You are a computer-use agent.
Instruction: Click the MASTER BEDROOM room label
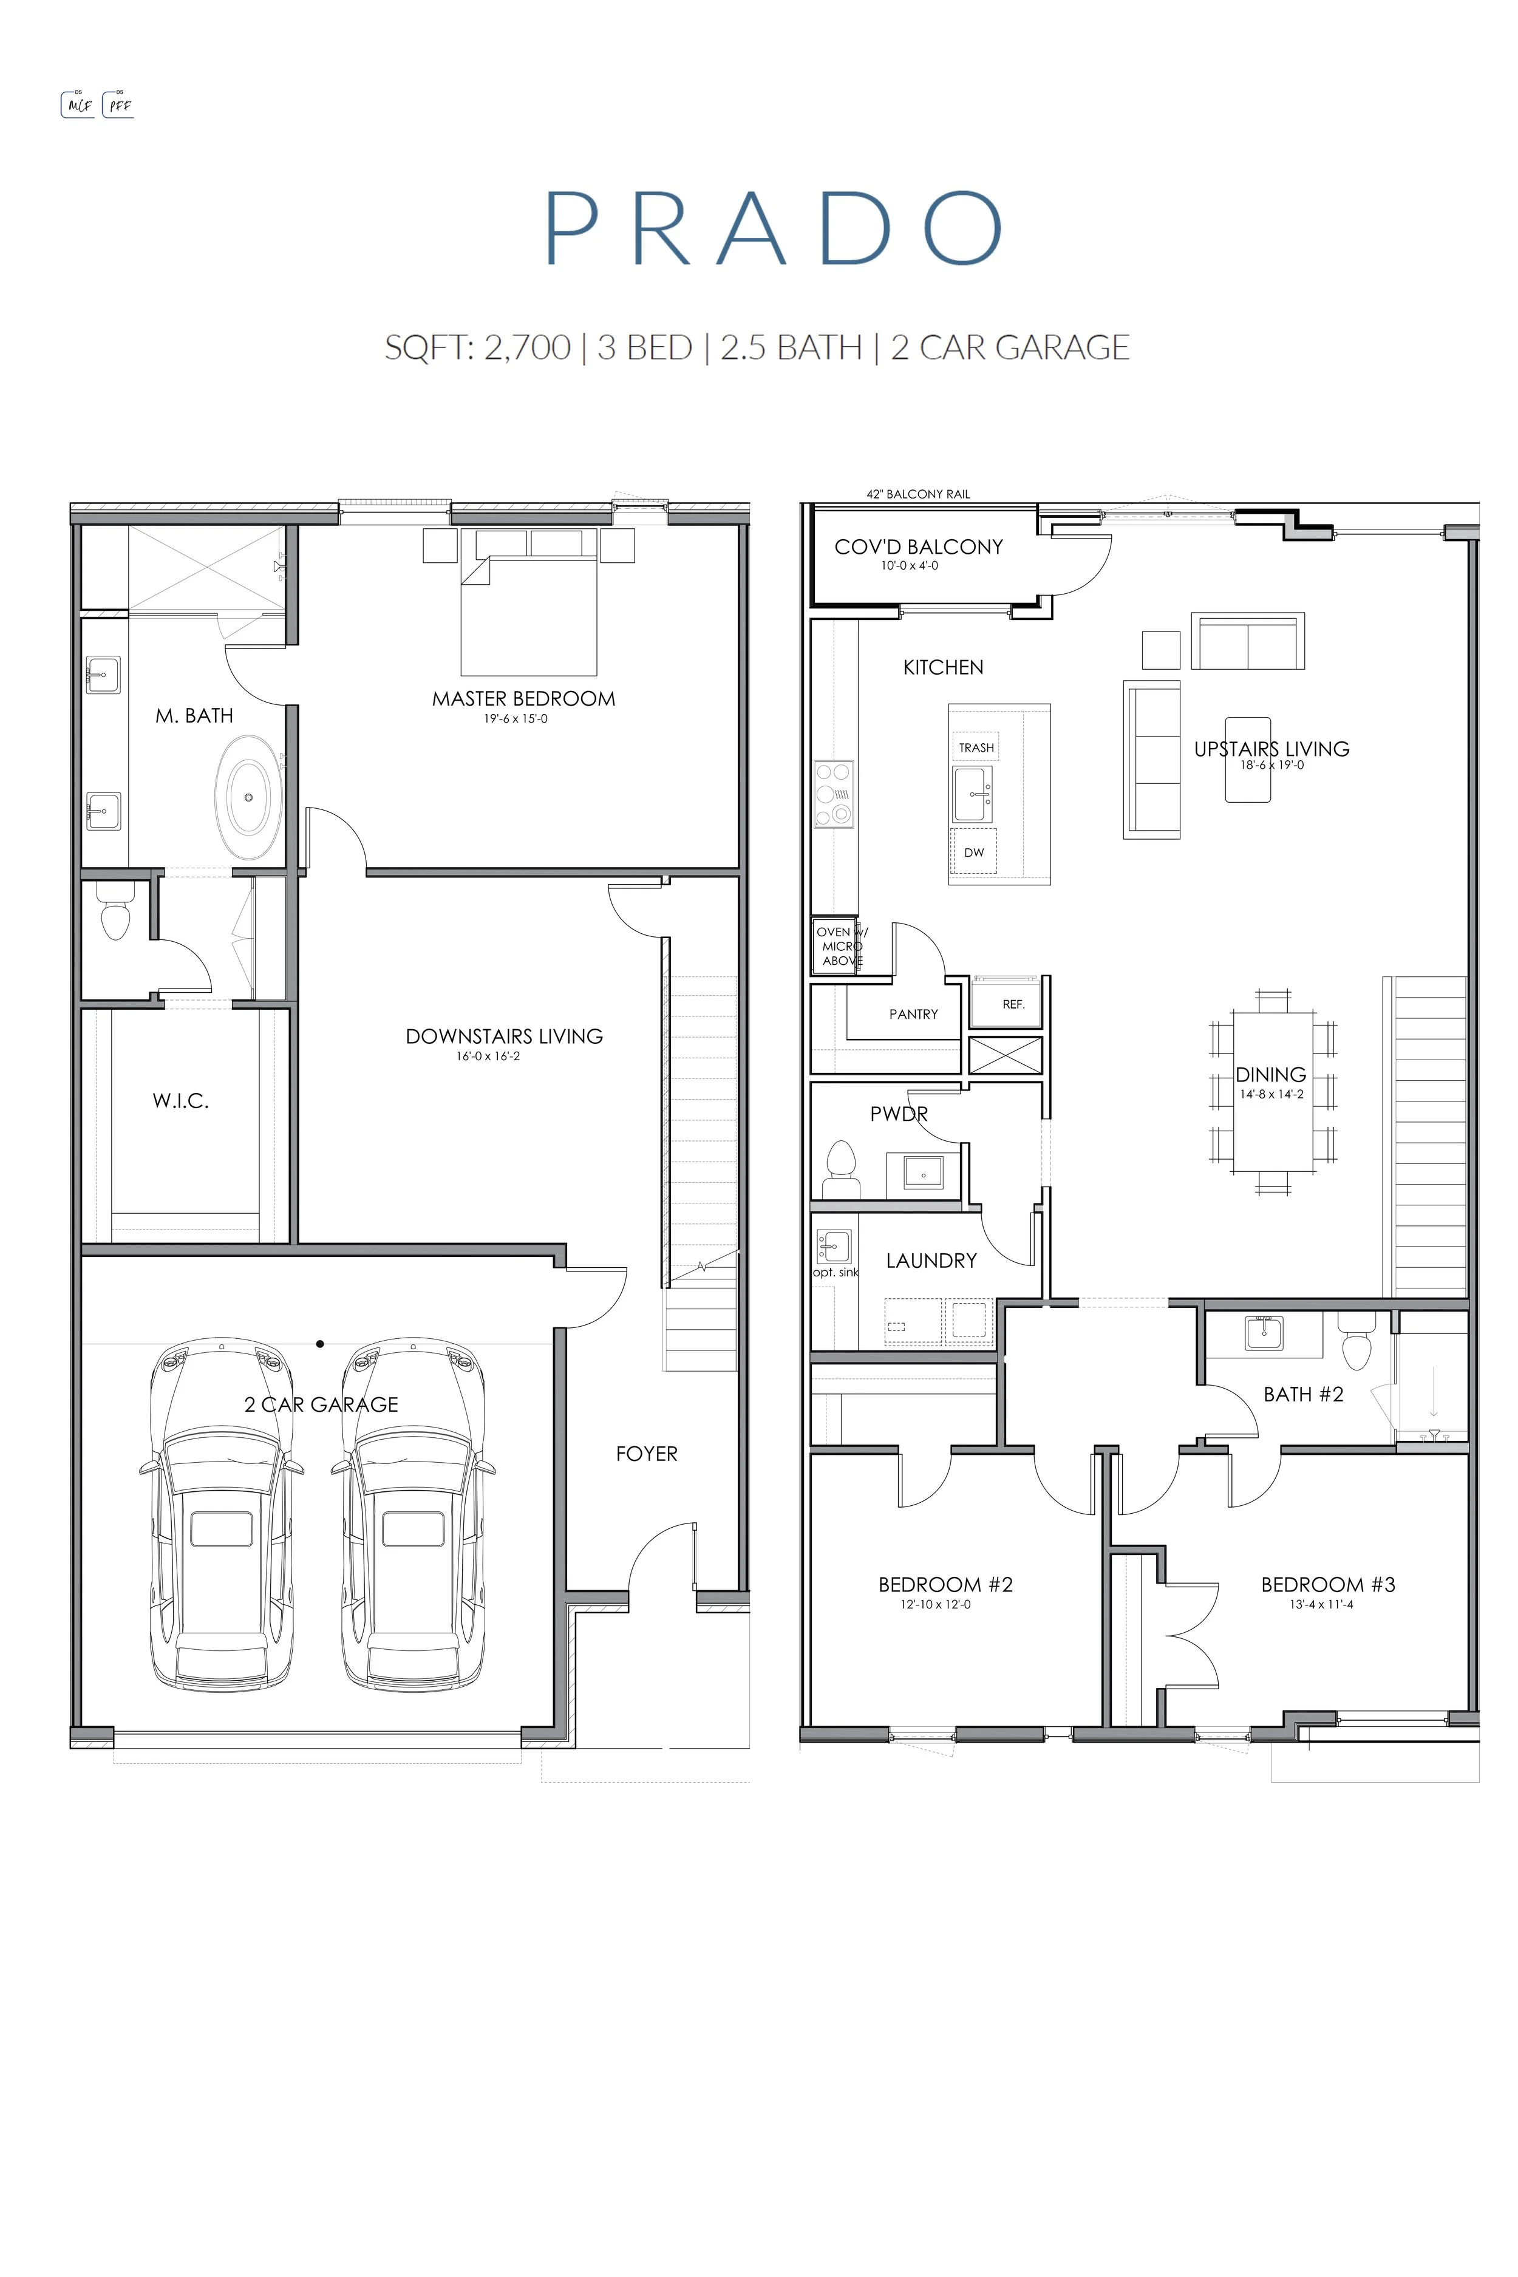click(524, 698)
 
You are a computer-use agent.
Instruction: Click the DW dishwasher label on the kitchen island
click(974, 853)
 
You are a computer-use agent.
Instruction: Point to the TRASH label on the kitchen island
click(976, 747)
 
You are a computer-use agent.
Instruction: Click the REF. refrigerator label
click(1013, 1004)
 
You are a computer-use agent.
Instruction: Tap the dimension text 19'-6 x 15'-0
click(516, 718)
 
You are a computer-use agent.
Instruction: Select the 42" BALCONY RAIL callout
click(917, 494)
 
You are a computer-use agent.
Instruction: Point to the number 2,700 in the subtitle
click(528, 347)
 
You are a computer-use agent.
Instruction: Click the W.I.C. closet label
click(180, 1101)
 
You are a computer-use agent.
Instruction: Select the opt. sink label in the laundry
click(836, 1272)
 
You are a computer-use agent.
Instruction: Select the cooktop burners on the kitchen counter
click(834, 794)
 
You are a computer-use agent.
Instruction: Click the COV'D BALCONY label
click(919, 547)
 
